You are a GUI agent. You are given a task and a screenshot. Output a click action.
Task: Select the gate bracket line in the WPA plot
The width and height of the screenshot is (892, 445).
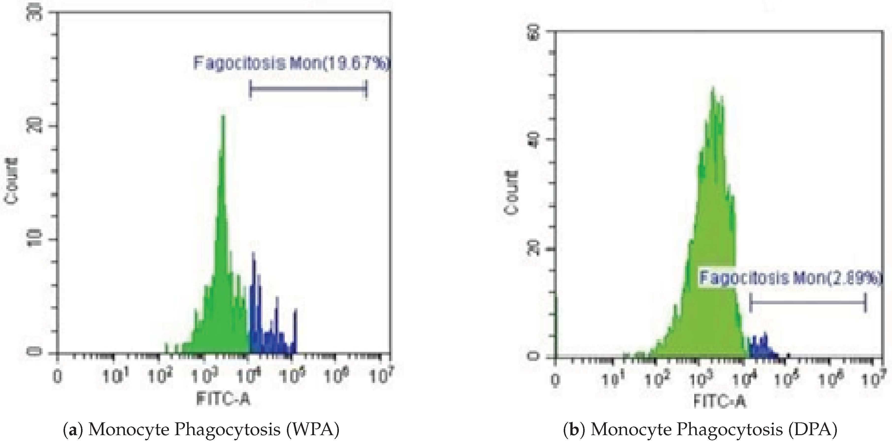(308, 89)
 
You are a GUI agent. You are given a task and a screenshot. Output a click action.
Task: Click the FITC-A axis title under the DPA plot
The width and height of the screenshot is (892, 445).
(720, 401)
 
